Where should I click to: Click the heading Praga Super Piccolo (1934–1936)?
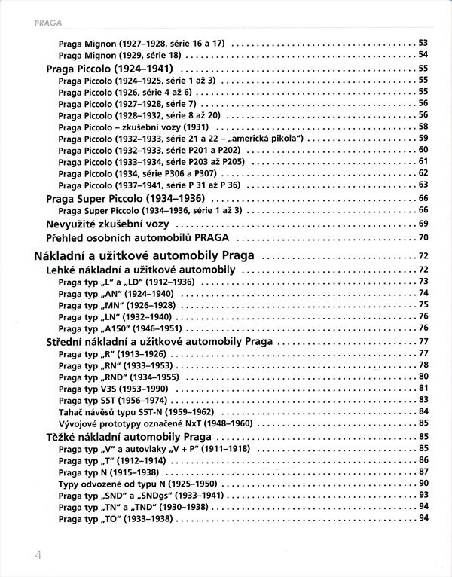pyautogui.click(x=128, y=197)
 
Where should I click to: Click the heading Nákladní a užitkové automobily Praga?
pyautogui.click(x=144, y=255)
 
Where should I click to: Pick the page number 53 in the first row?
pyautogui.click(x=423, y=42)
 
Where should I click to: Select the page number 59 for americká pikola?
pyautogui.click(x=423, y=138)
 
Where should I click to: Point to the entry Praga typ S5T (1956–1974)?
pyautogui.click(x=110, y=399)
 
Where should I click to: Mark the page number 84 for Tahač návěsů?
pyautogui.click(x=423, y=411)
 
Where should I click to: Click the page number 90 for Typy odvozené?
pyautogui.click(x=423, y=482)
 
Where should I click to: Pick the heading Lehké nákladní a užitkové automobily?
pyautogui.click(x=143, y=270)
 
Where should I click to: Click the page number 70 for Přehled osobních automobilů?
pyautogui.click(x=423, y=237)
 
